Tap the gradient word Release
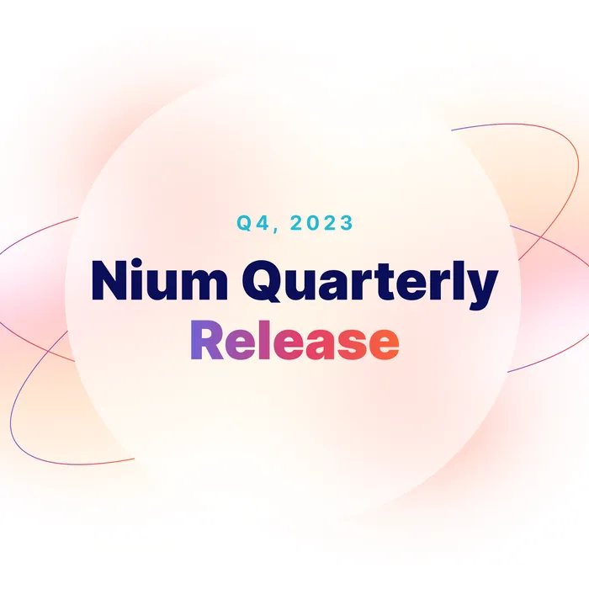coord(294,342)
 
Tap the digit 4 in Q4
coord(259,223)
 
